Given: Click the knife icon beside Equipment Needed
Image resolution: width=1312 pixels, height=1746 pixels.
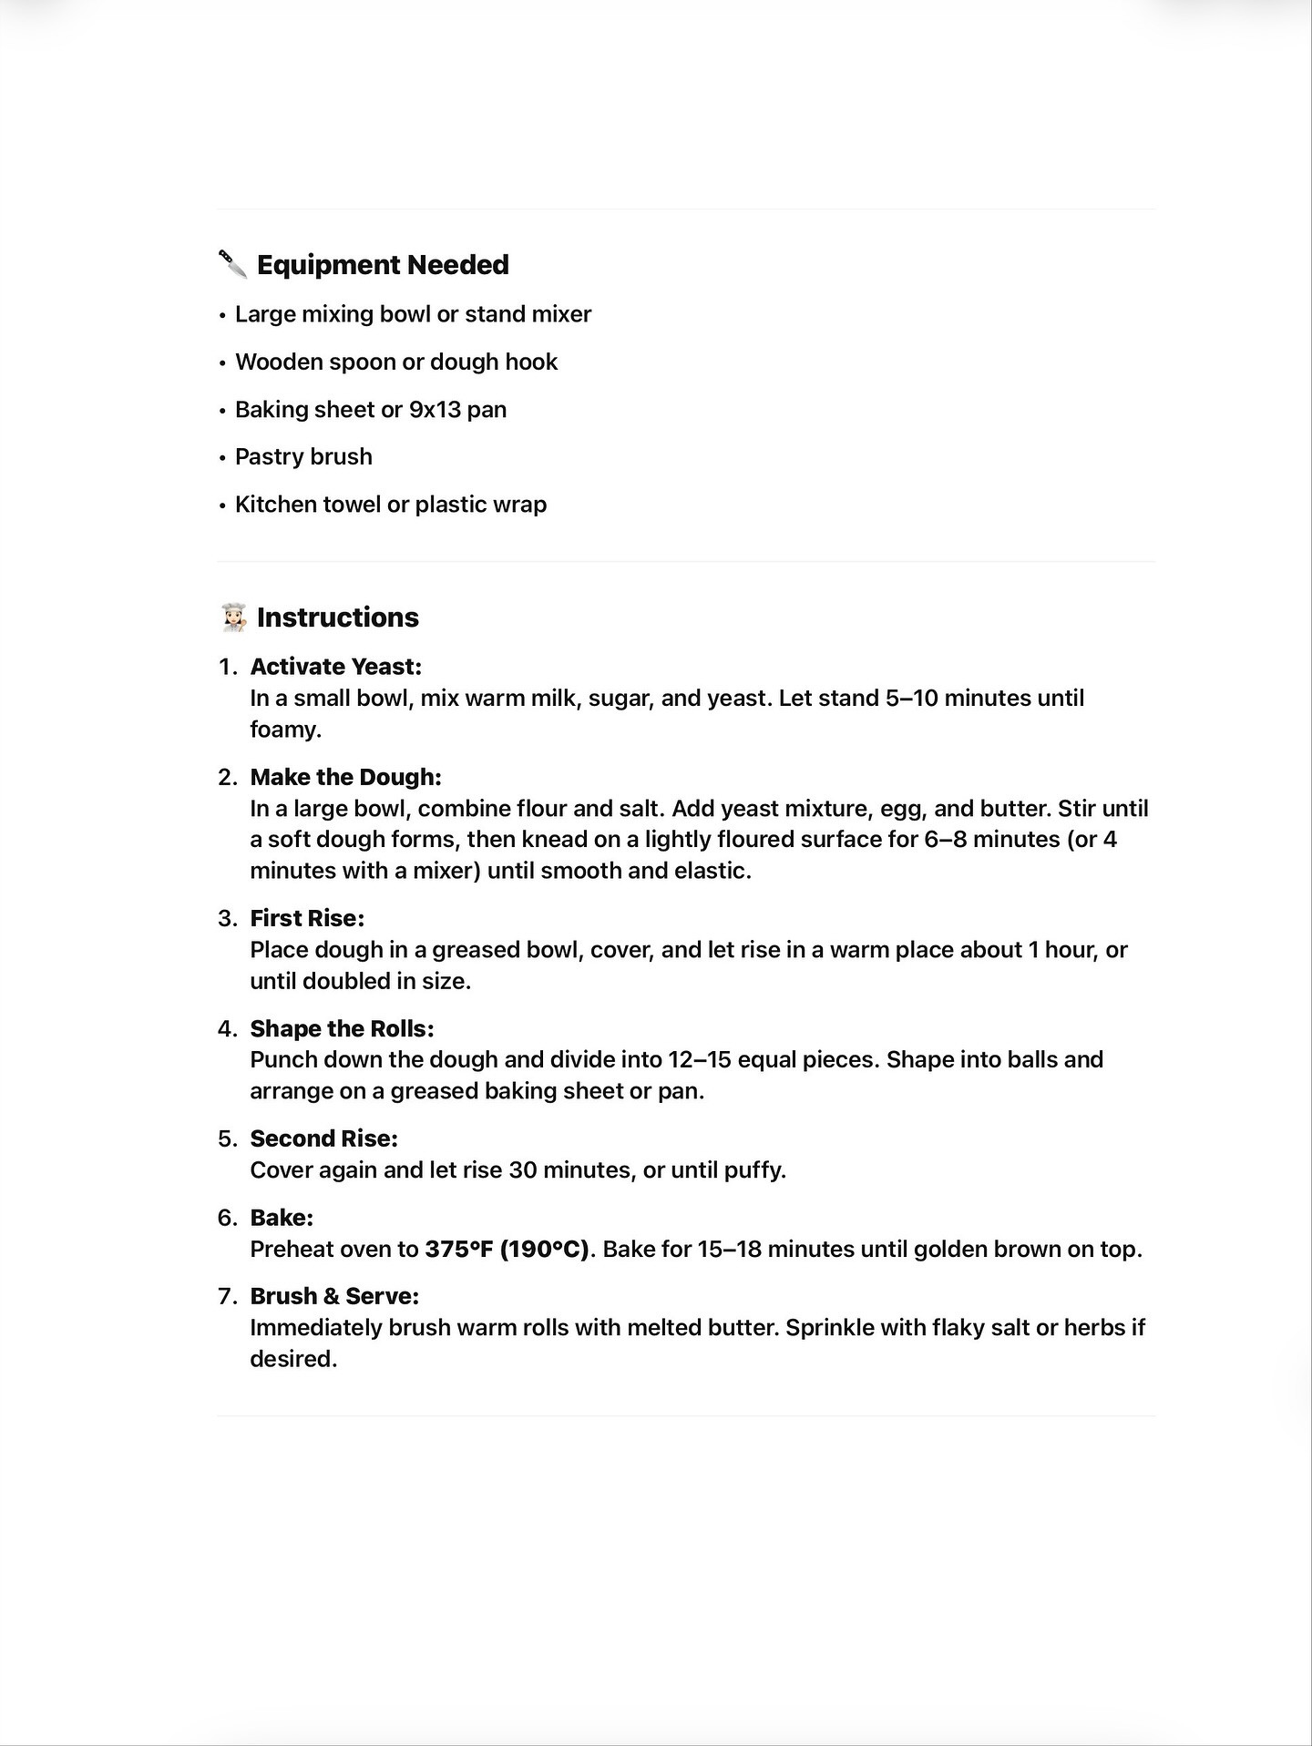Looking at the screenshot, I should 233,264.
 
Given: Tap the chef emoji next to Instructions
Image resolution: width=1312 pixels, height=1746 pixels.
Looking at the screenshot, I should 234,618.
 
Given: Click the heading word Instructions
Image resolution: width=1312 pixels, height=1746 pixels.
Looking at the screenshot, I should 337,618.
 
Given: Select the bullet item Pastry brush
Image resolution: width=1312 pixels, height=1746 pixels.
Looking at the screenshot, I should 303,456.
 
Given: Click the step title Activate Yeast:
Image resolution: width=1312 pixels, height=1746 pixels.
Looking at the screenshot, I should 335,667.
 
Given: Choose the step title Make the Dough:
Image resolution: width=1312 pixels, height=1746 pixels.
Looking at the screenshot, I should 345,777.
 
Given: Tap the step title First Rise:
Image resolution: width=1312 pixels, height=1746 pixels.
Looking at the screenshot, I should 307,918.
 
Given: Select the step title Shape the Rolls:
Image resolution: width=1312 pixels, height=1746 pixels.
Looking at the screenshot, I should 342,1028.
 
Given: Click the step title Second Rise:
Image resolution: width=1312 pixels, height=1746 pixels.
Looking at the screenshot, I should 323,1138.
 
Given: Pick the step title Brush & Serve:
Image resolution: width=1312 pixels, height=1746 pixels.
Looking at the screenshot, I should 334,1296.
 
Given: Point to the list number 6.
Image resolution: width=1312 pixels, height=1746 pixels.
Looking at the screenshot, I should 226,1218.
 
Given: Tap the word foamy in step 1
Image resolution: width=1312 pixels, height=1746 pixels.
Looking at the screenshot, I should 283,730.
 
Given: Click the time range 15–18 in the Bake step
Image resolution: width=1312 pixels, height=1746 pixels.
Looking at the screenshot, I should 729,1249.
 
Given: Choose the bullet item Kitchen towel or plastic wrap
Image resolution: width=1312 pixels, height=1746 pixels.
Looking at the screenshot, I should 391,505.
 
